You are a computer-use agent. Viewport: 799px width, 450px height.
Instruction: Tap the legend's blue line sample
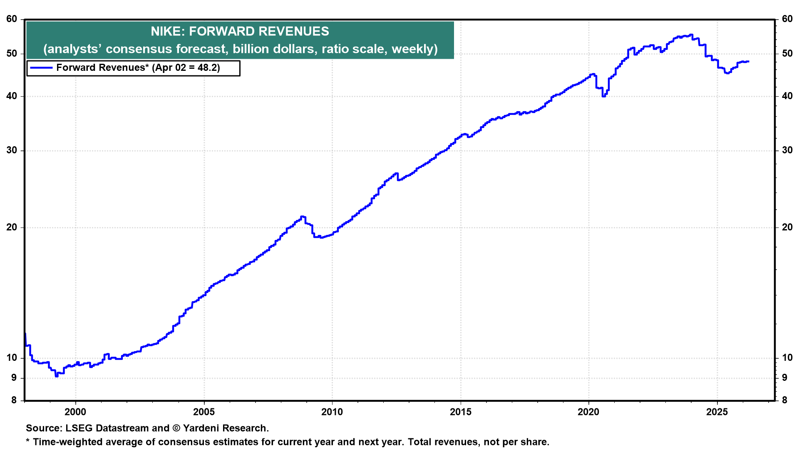[x=41, y=68]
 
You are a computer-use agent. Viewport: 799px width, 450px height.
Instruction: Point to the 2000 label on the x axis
[x=75, y=412]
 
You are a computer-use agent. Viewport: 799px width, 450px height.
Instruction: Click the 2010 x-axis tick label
[x=332, y=412]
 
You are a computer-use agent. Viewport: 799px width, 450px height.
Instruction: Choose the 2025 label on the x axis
[x=717, y=412]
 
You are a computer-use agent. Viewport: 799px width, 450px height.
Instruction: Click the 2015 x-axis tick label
[x=461, y=412]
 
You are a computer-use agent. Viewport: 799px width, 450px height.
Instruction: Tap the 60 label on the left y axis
[x=12, y=19]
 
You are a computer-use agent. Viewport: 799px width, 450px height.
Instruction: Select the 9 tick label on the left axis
[x=14, y=378]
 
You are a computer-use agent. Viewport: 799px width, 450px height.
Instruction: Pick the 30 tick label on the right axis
[x=787, y=150]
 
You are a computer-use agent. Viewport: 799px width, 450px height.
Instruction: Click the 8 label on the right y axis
[x=785, y=400]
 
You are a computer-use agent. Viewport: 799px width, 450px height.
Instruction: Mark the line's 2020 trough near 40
[x=604, y=96]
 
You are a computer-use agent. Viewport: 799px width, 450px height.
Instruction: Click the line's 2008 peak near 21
[x=303, y=217]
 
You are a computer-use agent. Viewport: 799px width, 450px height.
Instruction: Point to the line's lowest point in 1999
[x=56, y=376]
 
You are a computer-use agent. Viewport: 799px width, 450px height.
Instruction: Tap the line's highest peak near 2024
[x=691, y=35]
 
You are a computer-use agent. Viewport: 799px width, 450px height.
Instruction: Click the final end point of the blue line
[x=748, y=62]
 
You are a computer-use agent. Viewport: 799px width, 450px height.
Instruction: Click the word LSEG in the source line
[x=79, y=428]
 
